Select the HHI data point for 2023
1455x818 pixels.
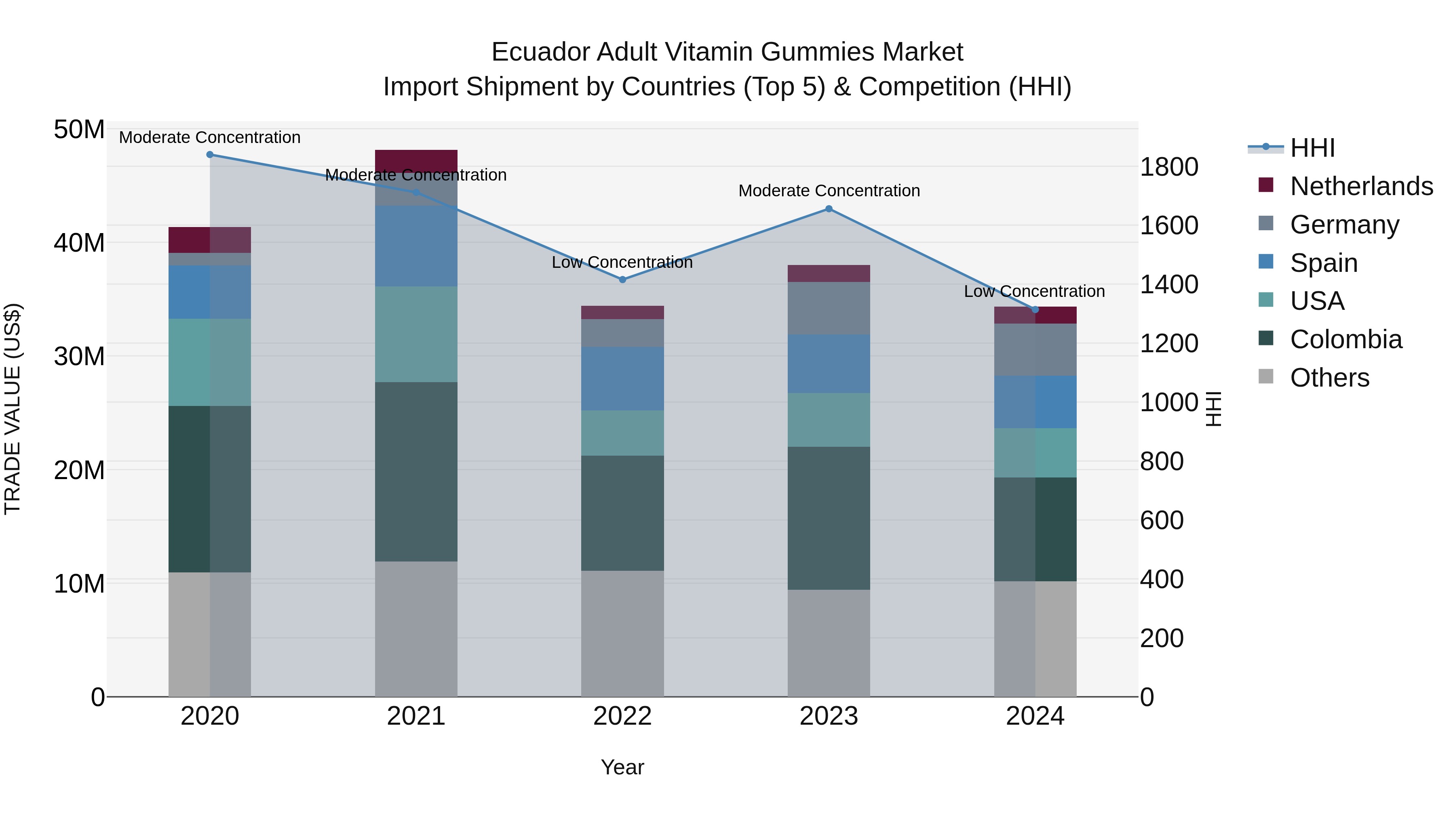[x=829, y=209]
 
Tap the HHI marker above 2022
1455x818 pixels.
[x=622, y=280]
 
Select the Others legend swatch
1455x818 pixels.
[x=1266, y=376]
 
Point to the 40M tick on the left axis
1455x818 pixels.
[x=79, y=243]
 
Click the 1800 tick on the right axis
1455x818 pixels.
[x=1168, y=167]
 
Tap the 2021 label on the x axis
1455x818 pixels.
[x=416, y=716]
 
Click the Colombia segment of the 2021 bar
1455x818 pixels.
[x=416, y=471]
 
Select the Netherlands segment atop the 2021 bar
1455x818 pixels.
[x=416, y=160]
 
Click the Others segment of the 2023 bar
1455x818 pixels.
[x=829, y=643]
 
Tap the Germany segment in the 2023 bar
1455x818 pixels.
[x=829, y=308]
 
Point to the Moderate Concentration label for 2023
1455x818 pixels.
[x=829, y=191]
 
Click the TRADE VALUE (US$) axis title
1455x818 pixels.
[x=13, y=409]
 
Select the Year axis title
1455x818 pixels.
[x=622, y=767]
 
